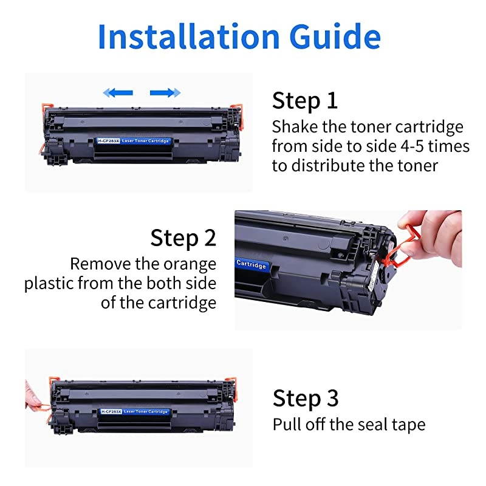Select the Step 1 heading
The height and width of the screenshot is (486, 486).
pyautogui.click(x=304, y=100)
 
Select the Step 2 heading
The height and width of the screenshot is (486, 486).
pyautogui.click(x=183, y=238)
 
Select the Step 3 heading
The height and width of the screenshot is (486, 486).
pyautogui.click(x=305, y=398)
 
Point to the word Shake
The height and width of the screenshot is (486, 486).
pyautogui.click(x=295, y=128)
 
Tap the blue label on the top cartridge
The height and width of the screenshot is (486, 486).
pyautogui.click(x=134, y=141)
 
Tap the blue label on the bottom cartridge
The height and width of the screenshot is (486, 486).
pyautogui.click(x=134, y=411)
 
